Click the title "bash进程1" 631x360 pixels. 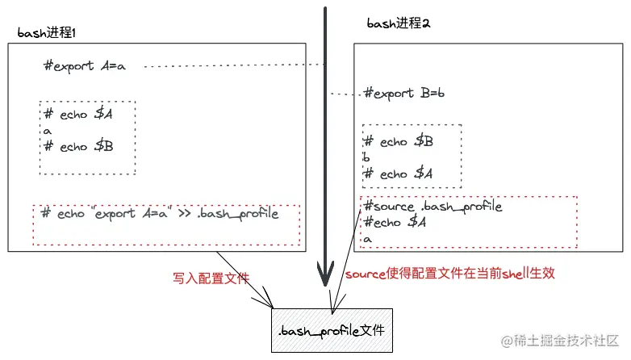point(46,32)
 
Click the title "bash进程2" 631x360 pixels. point(399,23)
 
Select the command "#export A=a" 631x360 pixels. point(85,65)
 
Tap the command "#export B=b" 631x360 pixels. point(404,93)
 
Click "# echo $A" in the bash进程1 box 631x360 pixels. point(78,114)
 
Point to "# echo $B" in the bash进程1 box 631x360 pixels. point(78,146)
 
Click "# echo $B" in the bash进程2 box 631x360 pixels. point(398,141)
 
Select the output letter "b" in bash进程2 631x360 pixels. point(366,157)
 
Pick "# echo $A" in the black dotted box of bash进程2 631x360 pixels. point(398,174)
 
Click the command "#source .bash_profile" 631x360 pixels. point(433,206)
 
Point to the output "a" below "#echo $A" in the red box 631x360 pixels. point(367,239)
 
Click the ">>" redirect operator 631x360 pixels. point(184,213)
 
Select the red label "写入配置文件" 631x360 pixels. point(211,278)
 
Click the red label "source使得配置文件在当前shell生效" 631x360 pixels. point(450,274)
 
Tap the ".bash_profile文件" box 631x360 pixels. point(332,330)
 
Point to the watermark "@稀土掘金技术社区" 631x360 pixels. point(560,341)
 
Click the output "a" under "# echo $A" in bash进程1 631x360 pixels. point(48,131)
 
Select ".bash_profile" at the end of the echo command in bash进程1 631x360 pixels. point(238,213)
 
